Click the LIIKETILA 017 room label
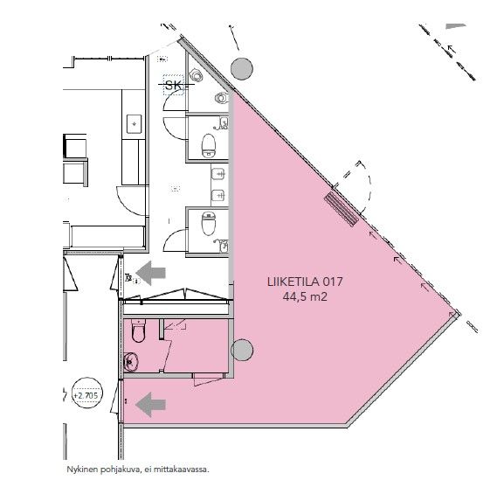(305, 282)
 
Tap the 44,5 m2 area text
(305, 296)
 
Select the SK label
(173, 86)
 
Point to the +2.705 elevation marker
(86, 395)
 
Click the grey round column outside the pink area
(242, 69)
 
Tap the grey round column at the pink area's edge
(242, 350)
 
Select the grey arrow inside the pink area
(150, 405)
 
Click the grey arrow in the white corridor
(150, 273)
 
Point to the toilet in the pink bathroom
(138, 331)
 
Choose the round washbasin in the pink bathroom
(131, 362)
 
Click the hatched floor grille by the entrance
(341, 210)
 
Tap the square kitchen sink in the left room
(134, 124)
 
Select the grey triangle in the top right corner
(456, 26)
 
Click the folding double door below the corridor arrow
(176, 296)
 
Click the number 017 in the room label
(333, 282)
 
